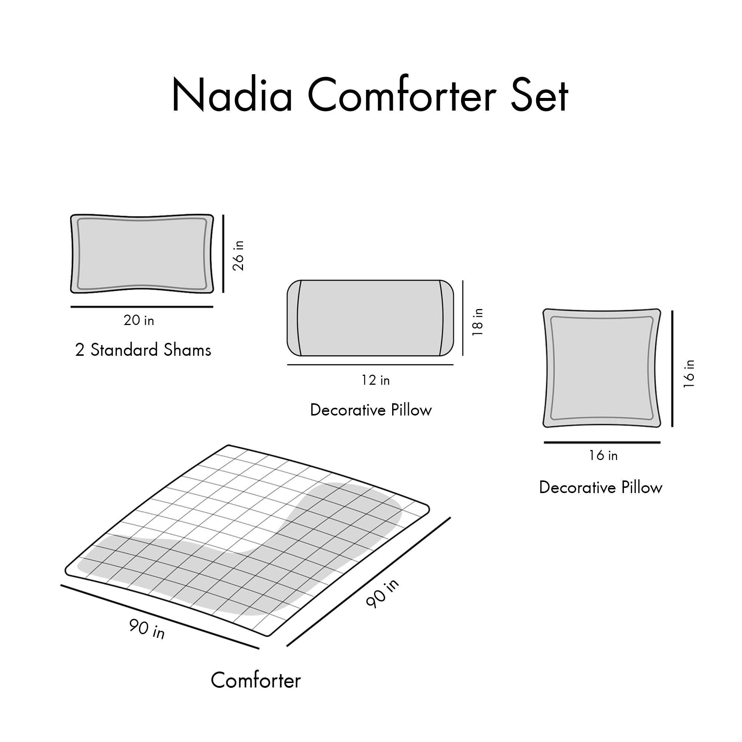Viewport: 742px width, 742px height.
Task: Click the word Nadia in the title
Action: click(232, 95)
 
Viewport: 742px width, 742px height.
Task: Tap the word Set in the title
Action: click(539, 95)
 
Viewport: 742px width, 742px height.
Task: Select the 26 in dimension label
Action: click(239, 256)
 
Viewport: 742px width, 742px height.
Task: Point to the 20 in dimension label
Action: click(139, 320)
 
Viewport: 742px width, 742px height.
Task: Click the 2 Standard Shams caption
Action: click(143, 350)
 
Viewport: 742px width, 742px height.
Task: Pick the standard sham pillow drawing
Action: click(142, 254)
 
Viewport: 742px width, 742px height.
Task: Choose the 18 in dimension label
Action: click(477, 322)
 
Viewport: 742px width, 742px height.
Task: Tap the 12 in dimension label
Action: click(375, 380)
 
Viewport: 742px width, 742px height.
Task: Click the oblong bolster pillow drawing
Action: click(370, 318)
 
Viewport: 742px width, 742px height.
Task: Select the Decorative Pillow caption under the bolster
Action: click(371, 410)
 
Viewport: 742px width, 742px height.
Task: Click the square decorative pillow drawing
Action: click(601, 368)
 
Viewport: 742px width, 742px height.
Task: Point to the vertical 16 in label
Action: click(689, 374)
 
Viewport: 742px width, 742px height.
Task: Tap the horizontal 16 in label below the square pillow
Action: click(603, 456)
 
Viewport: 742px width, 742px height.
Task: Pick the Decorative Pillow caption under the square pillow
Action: click(601, 487)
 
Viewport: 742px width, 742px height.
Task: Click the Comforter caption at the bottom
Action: click(255, 691)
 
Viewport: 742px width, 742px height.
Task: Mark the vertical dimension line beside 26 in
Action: click(223, 253)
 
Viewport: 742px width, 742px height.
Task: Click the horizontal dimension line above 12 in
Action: click(370, 364)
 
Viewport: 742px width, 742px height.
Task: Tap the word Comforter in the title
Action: click(402, 95)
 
